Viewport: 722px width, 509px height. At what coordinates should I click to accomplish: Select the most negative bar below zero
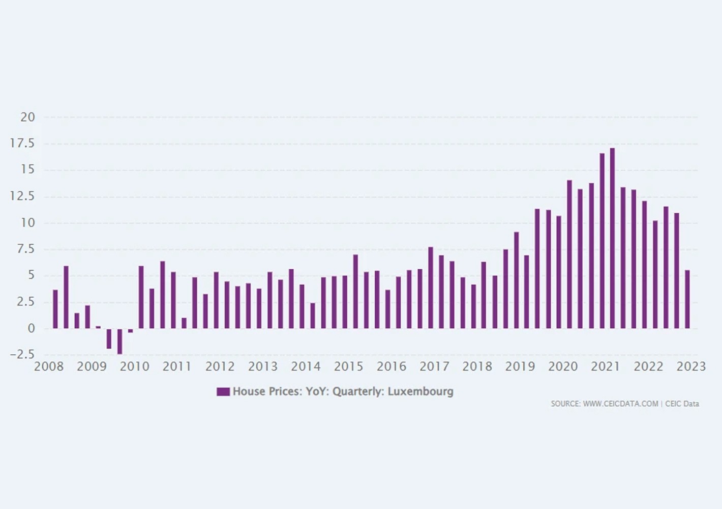(119, 341)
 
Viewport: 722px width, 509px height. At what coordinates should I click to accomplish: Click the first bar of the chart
(55, 309)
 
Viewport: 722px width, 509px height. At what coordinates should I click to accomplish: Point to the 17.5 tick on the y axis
(22, 144)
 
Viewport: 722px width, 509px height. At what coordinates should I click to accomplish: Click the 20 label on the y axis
(27, 117)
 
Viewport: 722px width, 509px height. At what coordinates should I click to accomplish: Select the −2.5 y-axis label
(22, 355)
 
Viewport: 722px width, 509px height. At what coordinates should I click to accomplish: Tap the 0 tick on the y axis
(31, 328)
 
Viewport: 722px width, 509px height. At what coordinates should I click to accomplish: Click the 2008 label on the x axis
(49, 366)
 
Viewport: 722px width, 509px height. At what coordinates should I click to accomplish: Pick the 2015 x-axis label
(349, 366)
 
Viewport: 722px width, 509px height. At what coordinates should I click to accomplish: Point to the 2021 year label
(606, 366)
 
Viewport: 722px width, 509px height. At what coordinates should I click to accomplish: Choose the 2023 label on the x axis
(691, 366)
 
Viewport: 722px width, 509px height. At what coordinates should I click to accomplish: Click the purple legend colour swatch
(223, 391)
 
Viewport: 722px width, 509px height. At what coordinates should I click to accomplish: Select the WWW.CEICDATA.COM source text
(620, 404)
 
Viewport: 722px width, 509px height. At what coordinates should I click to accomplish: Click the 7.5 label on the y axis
(25, 249)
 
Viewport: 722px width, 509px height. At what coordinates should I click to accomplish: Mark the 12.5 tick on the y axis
(22, 196)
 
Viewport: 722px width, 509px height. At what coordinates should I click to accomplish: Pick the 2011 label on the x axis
(177, 366)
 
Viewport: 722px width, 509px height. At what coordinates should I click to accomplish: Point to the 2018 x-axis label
(477, 366)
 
